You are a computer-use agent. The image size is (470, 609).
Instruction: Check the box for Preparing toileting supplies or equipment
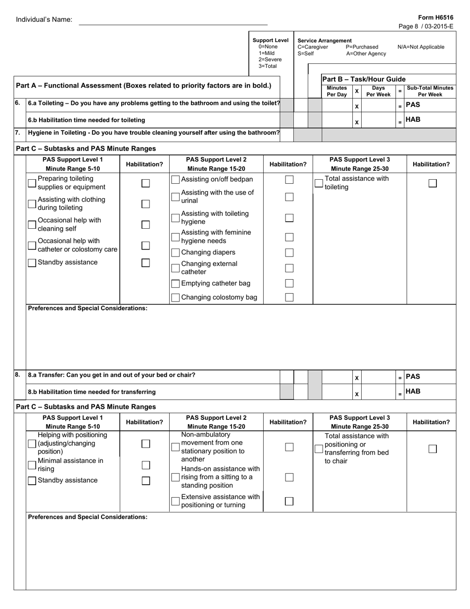(32, 183)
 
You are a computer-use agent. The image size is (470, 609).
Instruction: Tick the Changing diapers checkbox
(175, 253)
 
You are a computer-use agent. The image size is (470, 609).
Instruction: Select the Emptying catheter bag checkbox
(175, 284)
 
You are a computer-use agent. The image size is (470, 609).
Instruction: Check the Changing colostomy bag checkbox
(175, 298)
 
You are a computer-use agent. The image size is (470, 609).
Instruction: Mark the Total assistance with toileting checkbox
(319, 183)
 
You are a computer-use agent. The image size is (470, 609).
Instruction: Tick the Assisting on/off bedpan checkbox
(175, 179)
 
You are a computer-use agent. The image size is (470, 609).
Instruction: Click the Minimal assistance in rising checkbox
(32, 465)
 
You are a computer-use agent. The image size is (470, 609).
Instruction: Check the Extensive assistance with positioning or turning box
(175, 501)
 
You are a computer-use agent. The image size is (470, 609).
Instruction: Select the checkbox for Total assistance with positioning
(319, 448)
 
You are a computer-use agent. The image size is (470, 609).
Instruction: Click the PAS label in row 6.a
(413, 105)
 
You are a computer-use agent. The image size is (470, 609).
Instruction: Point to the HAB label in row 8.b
(413, 392)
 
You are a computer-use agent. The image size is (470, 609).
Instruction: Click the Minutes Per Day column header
(336, 91)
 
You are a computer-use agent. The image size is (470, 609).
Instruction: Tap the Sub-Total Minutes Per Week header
(429, 91)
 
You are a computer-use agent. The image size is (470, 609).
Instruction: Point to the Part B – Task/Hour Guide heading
(364, 79)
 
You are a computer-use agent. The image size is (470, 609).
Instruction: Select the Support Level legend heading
(270, 41)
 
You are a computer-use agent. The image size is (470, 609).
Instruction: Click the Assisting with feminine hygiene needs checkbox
(175, 237)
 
